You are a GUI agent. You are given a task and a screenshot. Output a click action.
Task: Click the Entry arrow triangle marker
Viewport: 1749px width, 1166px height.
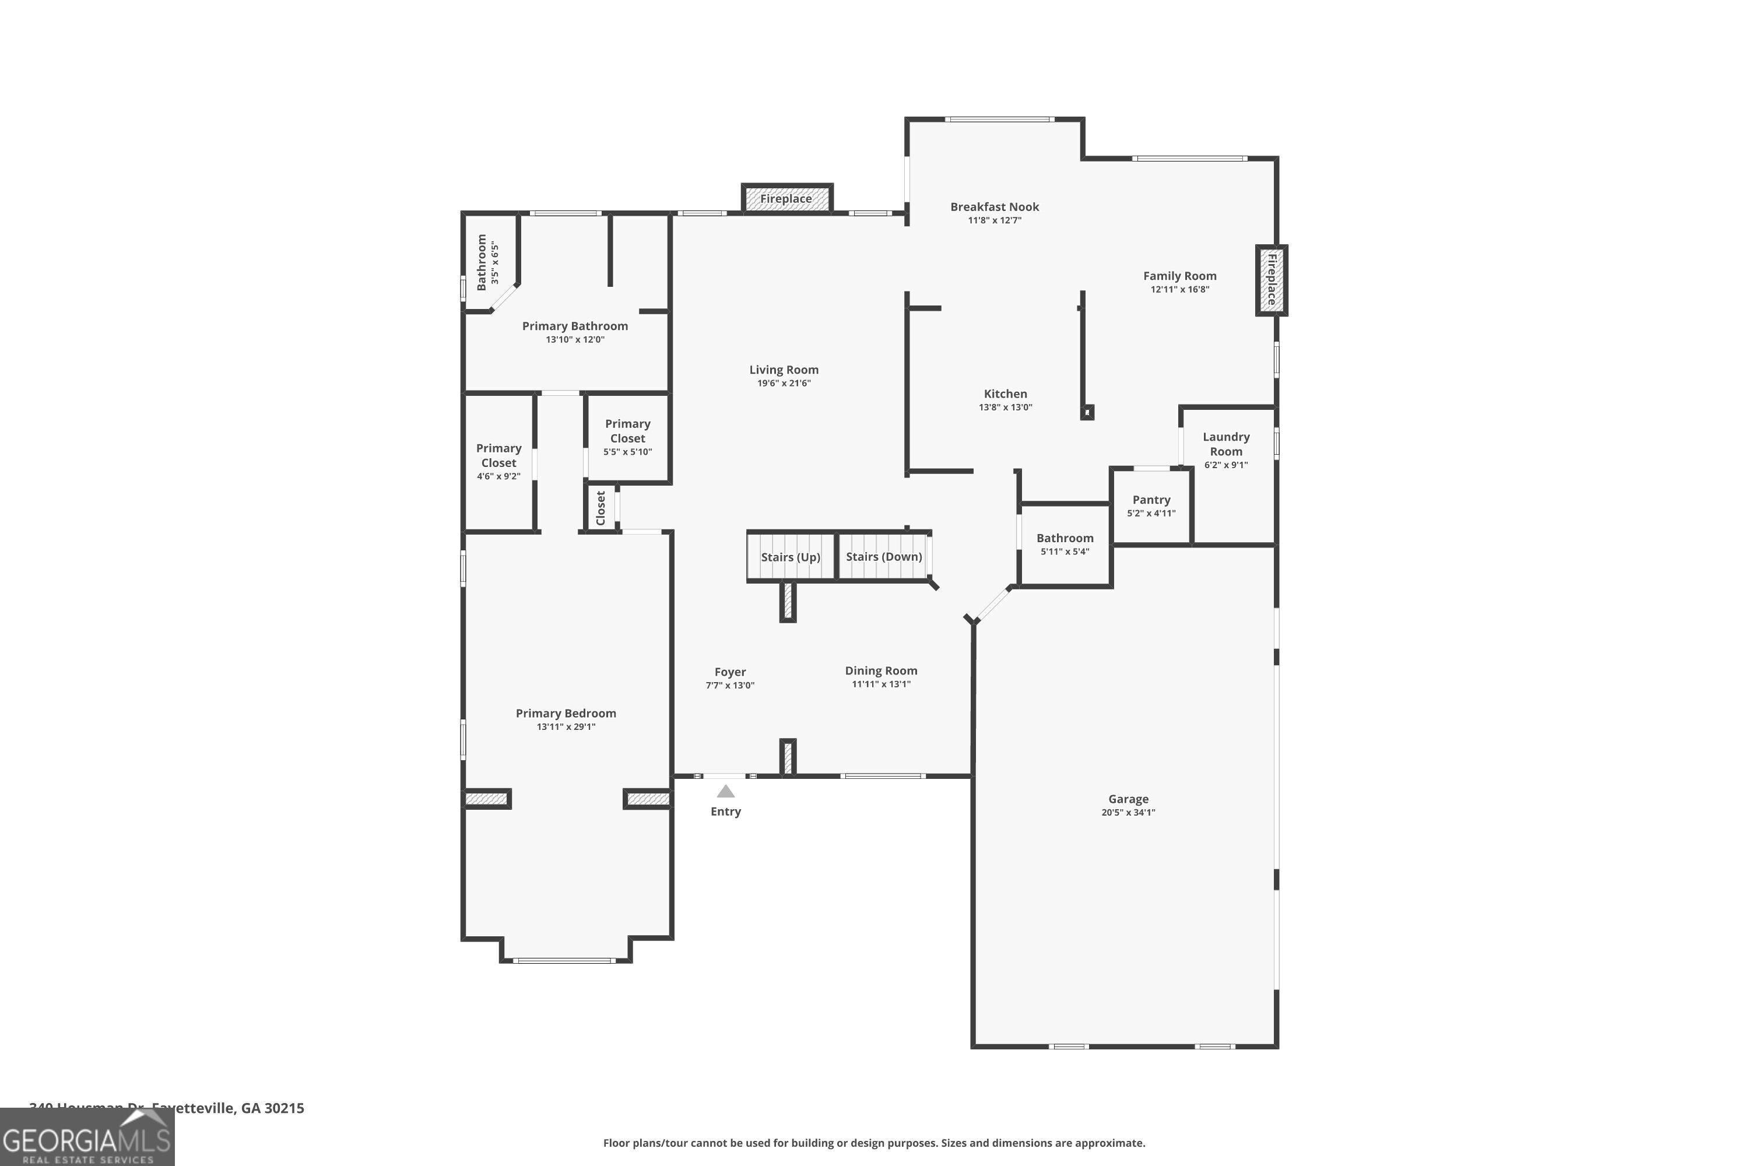click(725, 791)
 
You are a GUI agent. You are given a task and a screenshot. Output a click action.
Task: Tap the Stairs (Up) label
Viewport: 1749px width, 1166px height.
click(790, 557)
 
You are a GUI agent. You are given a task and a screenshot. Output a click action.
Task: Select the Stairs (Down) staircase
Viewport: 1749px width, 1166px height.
click(883, 556)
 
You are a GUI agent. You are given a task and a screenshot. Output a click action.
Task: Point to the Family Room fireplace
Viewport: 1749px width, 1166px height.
click(1271, 280)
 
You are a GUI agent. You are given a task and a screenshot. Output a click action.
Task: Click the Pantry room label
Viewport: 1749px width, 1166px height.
click(1150, 500)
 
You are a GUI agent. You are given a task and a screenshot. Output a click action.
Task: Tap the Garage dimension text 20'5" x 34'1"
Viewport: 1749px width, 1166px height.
click(1128, 813)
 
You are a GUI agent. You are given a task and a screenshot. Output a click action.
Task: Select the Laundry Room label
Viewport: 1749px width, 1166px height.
click(1225, 444)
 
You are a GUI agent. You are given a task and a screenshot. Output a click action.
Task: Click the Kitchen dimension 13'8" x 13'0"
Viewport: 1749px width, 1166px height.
click(1005, 408)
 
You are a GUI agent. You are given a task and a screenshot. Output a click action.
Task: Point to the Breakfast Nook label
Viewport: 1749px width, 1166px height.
click(993, 207)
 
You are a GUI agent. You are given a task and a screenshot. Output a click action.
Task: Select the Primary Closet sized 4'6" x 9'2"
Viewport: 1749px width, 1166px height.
click(498, 461)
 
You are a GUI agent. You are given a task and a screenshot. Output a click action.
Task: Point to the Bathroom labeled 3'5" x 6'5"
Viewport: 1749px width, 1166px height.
click(487, 262)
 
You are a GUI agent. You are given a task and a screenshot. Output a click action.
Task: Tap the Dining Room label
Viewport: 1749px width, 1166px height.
click(880, 671)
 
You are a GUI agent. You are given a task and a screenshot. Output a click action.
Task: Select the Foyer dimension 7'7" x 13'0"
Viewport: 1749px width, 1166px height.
click(729, 686)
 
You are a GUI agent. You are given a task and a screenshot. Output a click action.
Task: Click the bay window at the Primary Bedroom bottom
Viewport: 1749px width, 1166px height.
click(565, 960)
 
